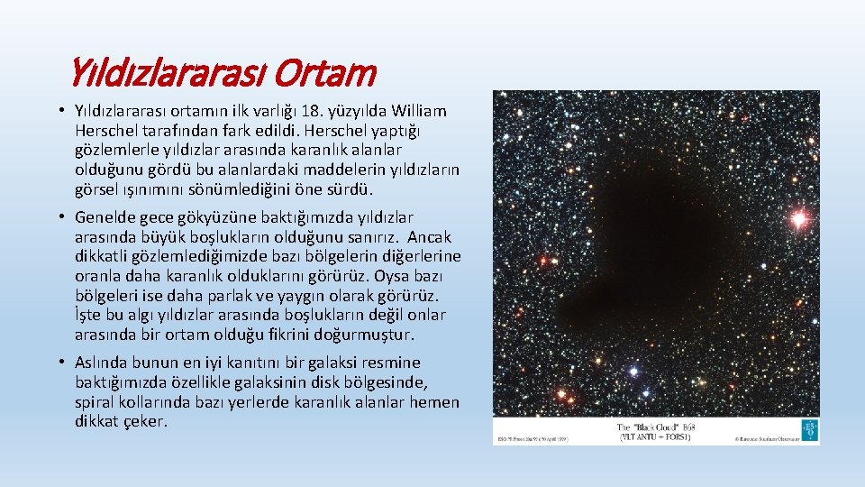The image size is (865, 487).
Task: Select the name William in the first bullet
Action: click(x=415, y=112)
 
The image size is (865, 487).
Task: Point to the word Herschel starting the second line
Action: click(x=105, y=132)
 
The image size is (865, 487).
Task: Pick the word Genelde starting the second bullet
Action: click(x=105, y=217)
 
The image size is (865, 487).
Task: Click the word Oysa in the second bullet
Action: click(x=396, y=276)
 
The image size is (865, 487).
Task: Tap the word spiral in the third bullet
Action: click(x=96, y=401)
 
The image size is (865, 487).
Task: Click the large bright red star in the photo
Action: click(x=797, y=217)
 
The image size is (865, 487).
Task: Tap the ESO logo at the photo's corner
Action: click(x=810, y=430)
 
